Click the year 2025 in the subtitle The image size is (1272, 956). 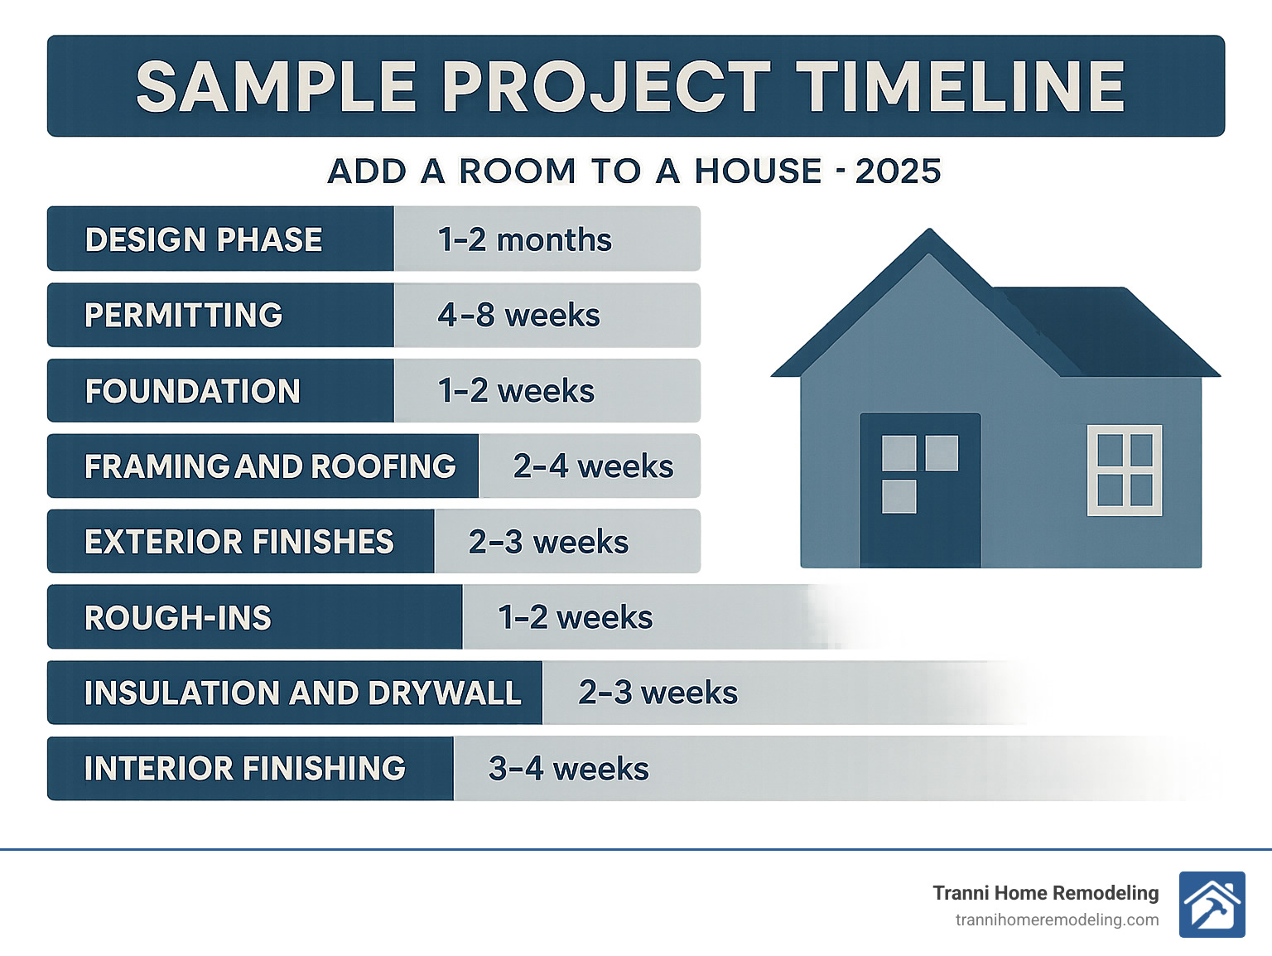[x=898, y=171]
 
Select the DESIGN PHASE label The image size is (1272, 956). [x=204, y=239]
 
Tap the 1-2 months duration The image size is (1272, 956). [x=524, y=239]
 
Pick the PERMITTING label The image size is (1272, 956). [x=184, y=315]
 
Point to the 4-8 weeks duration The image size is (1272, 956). [x=518, y=315]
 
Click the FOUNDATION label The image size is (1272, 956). [x=192, y=391]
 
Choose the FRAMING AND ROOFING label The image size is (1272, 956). [x=270, y=466]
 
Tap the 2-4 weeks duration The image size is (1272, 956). [x=593, y=466]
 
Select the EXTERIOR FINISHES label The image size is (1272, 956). [x=239, y=542]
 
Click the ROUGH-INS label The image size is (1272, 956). [x=178, y=618]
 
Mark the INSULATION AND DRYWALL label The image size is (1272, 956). [x=302, y=693]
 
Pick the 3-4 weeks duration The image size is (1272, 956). [x=568, y=769]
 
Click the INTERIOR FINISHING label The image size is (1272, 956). [x=245, y=769]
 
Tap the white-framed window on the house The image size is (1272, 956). [x=1125, y=470]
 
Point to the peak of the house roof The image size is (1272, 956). [x=930, y=236]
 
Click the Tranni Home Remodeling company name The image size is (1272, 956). [x=1045, y=893]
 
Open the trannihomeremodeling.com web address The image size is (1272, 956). [x=1057, y=920]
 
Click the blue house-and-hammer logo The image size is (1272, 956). [x=1212, y=905]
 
